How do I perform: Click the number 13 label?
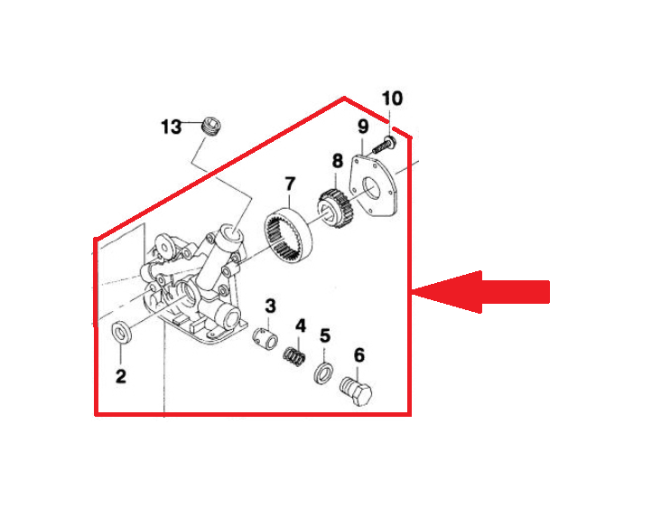(x=172, y=127)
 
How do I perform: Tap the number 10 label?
(x=392, y=99)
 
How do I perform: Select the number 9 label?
(x=363, y=127)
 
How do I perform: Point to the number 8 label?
(x=337, y=161)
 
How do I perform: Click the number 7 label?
(x=290, y=184)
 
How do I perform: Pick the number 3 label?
(x=270, y=306)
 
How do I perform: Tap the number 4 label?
(x=300, y=325)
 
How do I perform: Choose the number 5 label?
(x=325, y=336)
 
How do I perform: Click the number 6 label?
(x=359, y=355)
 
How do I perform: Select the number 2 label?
(x=121, y=376)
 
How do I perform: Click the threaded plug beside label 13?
(x=210, y=126)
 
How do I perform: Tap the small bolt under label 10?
(x=384, y=145)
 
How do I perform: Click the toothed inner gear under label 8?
(x=336, y=207)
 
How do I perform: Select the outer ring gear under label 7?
(x=289, y=235)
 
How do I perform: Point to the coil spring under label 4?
(x=293, y=356)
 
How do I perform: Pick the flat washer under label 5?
(x=324, y=373)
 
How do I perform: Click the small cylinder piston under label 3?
(x=265, y=337)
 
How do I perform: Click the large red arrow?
(x=480, y=292)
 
